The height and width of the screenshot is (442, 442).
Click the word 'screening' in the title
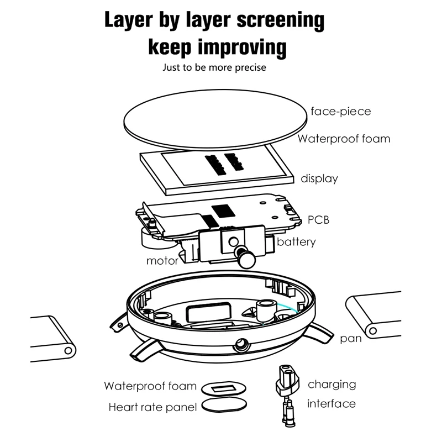click(281, 20)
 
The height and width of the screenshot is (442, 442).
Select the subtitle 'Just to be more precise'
click(214, 67)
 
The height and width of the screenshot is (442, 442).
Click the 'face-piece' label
click(340, 112)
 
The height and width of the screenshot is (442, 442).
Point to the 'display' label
click(319, 178)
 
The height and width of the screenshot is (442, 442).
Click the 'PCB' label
click(319, 220)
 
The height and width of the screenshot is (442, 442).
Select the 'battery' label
click(296, 242)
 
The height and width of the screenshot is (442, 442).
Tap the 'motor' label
click(162, 261)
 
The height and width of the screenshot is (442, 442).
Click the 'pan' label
click(351, 338)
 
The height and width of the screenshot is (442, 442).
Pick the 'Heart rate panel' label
click(152, 407)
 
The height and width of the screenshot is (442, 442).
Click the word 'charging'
click(332, 385)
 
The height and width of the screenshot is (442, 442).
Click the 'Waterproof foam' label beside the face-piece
click(344, 139)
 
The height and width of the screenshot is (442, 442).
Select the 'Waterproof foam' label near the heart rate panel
click(150, 386)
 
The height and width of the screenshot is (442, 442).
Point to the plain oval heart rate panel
click(224, 405)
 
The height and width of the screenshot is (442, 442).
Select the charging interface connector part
click(287, 395)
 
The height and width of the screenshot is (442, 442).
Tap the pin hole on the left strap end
click(68, 351)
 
